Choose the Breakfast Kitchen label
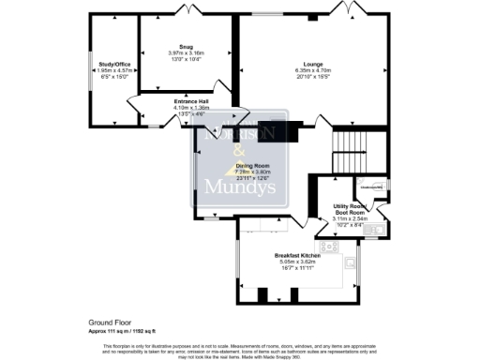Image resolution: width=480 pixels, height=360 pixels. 298,255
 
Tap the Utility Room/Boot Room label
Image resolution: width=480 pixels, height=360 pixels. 356,207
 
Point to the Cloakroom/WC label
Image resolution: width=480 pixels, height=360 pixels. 359,187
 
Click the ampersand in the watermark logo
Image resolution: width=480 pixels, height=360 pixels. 239,153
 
